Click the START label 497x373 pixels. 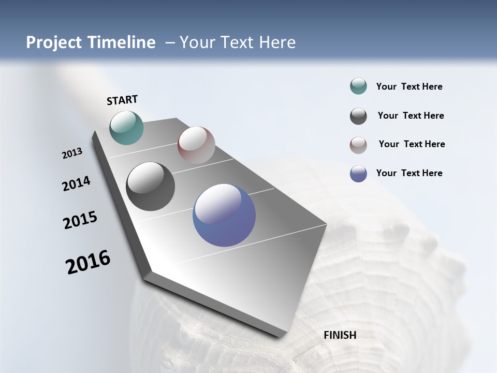(x=122, y=100)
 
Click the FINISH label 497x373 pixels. (x=340, y=335)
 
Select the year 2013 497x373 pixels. (x=72, y=153)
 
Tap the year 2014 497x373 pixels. (x=76, y=183)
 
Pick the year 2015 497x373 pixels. (x=80, y=220)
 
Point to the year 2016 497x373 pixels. (x=88, y=262)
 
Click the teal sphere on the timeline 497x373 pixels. (x=126, y=127)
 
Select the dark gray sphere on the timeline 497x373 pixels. (x=150, y=187)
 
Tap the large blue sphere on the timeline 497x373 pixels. (x=224, y=215)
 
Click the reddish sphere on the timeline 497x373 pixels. (x=196, y=145)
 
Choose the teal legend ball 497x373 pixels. (x=358, y=87)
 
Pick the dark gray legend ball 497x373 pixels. (x=358, y=116)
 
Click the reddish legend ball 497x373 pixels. (x=358, y=145)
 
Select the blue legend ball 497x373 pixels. (x=358, y=174)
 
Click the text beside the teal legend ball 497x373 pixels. (x=409, y=87)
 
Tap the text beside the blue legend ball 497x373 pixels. (x=409, y=173)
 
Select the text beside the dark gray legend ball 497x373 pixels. (x=411, y=116)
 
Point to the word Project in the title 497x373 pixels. (x=53, y=42)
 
